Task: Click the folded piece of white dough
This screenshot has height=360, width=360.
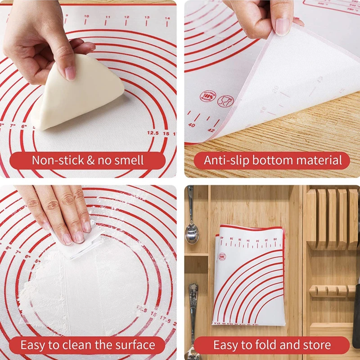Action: tap(81, 94)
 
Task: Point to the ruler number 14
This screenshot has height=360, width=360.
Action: tap(167, 18)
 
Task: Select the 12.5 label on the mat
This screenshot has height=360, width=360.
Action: tap(153, 133)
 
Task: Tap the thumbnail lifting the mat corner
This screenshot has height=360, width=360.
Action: tap(282, 26)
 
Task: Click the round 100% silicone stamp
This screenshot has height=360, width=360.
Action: tap(206, 96)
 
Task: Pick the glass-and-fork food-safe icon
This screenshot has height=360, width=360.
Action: tap(225, 100)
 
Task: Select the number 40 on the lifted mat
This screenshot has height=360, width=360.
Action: tap(192, 125)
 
